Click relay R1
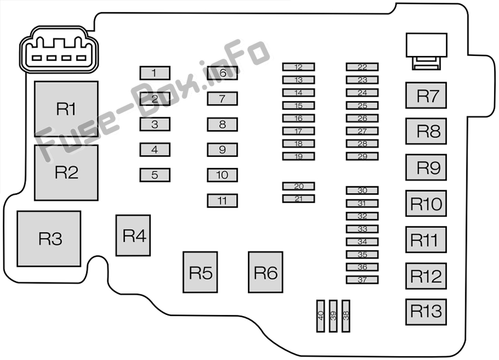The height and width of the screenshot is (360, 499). click(66, 109)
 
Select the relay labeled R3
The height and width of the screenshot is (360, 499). click(49, 239)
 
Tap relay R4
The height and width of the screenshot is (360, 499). click(133, 235)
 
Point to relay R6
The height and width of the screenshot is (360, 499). click(265, 272)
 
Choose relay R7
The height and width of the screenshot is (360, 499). click(426, 95)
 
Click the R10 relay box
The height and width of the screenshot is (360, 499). click(426, 204)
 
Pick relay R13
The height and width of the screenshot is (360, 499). click(426, 312)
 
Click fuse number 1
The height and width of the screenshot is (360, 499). click(155, 73)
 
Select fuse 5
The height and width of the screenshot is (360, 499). click(155, 175)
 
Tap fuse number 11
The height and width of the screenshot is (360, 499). click(222, 201)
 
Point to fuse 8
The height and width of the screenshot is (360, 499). click(222, 124)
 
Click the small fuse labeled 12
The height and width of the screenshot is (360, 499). click(298, 67)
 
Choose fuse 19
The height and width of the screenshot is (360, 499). click(298, 156)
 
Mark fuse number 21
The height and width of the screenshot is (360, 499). click(298, 199)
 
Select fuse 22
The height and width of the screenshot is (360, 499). click(362, 67)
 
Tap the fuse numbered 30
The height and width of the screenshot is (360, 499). click(362, 190)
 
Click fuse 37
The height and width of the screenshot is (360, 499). click(362, 280)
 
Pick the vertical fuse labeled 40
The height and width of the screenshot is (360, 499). click(320, 316)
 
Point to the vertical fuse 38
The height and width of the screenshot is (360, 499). click(346, 316)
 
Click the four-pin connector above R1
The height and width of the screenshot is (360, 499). click(58, 54)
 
